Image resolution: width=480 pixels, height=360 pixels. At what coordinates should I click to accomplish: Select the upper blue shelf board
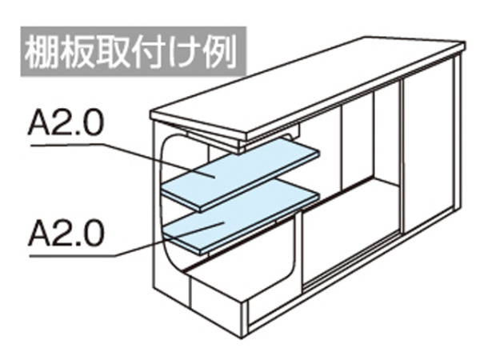click(x=240, y=174)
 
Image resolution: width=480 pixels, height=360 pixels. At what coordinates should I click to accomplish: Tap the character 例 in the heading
click(x=221, y=53)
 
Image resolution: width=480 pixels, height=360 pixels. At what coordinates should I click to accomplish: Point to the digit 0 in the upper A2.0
click(x=92, y=123)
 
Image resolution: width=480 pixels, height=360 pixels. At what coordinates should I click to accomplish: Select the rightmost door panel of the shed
click(x=428, y=144)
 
